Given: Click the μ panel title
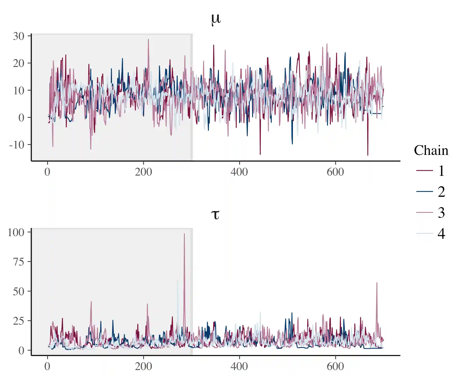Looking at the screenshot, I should tap(216, 19).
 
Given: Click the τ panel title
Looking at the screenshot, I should tap(215, 215).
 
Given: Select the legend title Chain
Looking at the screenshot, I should tap(431, 151).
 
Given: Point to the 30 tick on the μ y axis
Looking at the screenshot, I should tap(19, 36).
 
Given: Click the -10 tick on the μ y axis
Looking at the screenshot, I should tap(17, 145).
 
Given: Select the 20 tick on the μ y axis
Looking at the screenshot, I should tap(19, 63).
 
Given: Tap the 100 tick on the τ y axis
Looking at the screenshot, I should tap(16, 232).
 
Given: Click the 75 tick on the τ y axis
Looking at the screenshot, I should tap(19, 262).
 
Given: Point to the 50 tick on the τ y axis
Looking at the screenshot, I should tap(19, 291).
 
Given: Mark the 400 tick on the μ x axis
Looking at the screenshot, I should tap(239, 172).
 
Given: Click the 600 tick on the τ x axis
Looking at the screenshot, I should tap(335, 366).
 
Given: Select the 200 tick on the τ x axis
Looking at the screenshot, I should tap(144, 366).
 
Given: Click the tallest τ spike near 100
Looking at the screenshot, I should tap(184, 234).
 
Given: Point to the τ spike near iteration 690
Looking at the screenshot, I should tap(377, 283).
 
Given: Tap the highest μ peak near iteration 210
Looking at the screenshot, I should tap(148, 40).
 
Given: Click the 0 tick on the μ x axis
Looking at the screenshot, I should tap(47, 172).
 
